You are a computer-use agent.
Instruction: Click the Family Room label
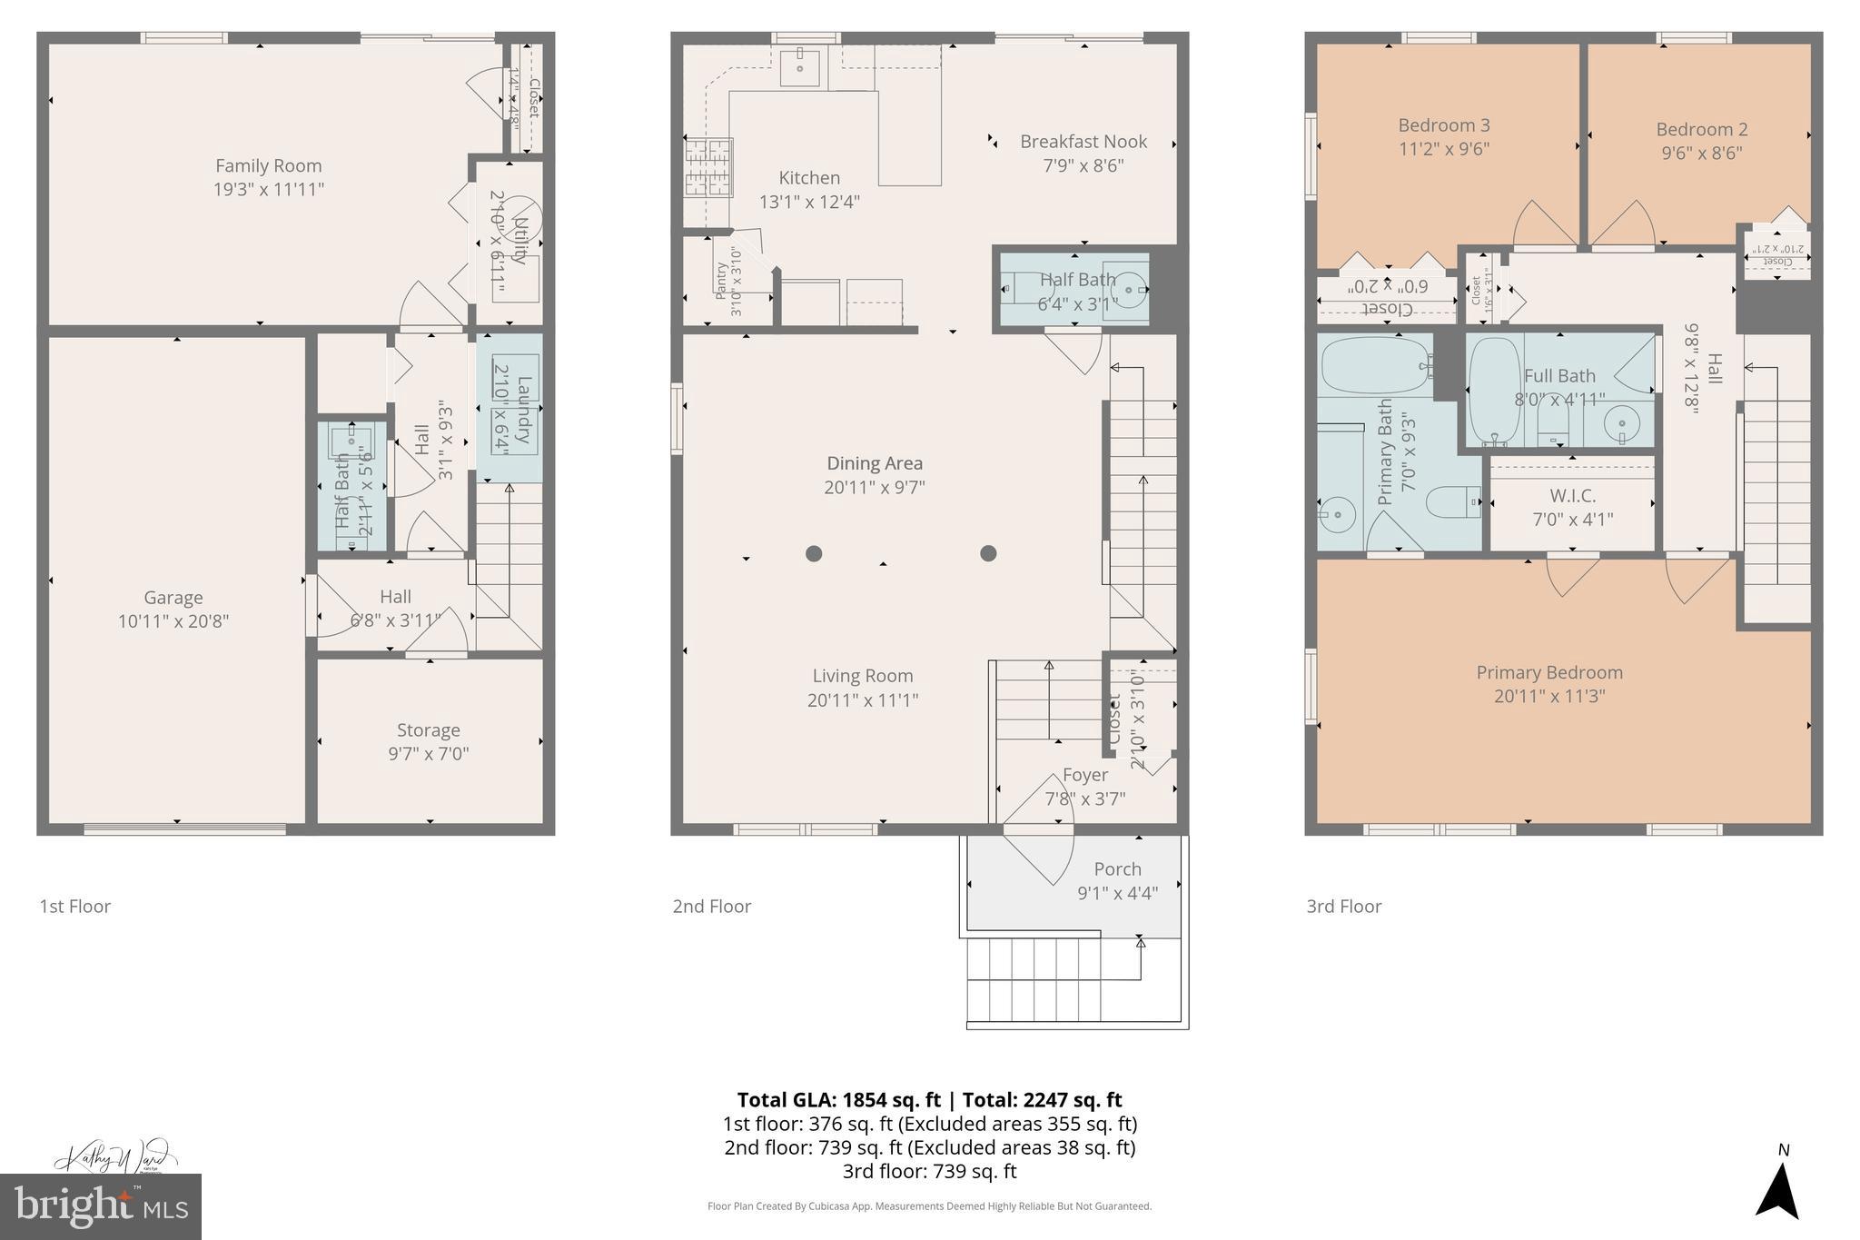(x=268, y=166)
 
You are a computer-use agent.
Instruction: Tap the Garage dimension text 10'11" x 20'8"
(x=173, y=622)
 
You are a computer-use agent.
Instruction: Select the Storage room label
(x=428, y=730)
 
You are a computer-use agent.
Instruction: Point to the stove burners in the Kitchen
(x=708, y=167)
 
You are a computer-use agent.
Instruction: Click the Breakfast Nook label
(x=1083, y=142)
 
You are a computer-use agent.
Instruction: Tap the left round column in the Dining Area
(x=814, y=553)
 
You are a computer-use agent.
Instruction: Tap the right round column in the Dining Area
(x=988, y=553)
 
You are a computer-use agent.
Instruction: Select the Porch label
(x=1117, y=869)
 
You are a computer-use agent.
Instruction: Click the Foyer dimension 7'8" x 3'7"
(x=1084, y=799)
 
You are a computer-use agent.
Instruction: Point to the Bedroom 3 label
(x=1443, y=125)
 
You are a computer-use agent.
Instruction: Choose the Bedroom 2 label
(x=1701, y=130)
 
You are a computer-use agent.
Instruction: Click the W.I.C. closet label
(x=1572, y=496)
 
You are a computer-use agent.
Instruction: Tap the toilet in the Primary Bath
(x=1451, y=501)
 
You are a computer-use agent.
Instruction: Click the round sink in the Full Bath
(x=1621, y=424)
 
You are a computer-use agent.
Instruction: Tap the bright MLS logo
(x=101, y=1206)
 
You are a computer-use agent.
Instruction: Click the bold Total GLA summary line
(x=929, y=1100)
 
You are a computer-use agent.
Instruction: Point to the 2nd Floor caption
(x=711, y=907)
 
